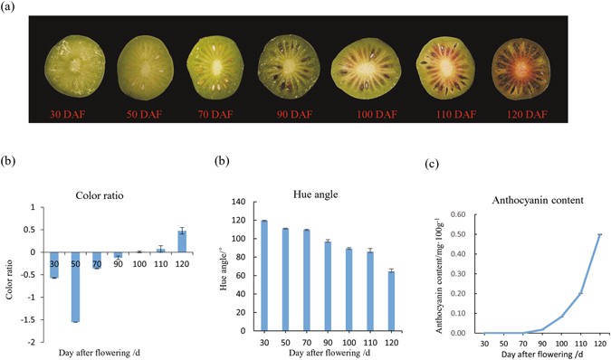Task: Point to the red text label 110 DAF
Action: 447,116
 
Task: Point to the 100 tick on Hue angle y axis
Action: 241,239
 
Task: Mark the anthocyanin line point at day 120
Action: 598,235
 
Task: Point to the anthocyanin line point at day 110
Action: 579,293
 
